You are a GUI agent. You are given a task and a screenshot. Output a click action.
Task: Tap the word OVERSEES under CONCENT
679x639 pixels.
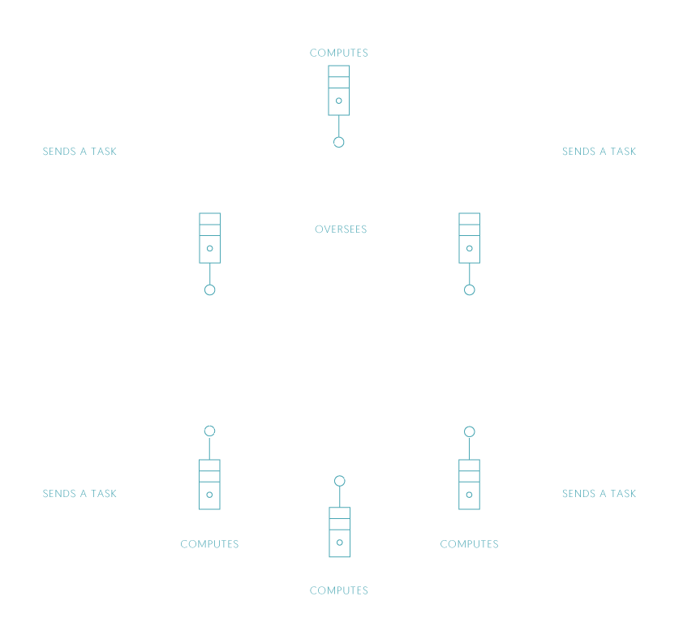click(x=340, y=229)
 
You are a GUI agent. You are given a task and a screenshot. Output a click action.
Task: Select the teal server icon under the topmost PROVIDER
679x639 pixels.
click(x=339, y=90)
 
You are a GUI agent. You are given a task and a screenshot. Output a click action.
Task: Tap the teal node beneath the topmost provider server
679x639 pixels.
click(x=339, y=143)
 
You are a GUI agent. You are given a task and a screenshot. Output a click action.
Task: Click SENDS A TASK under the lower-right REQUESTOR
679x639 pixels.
click(x=599, y=494)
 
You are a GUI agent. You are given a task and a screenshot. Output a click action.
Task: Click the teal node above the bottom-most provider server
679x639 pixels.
click(x=339, y=481)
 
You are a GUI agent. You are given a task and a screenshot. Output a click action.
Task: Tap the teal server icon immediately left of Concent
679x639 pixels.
click(x=209, y=238)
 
